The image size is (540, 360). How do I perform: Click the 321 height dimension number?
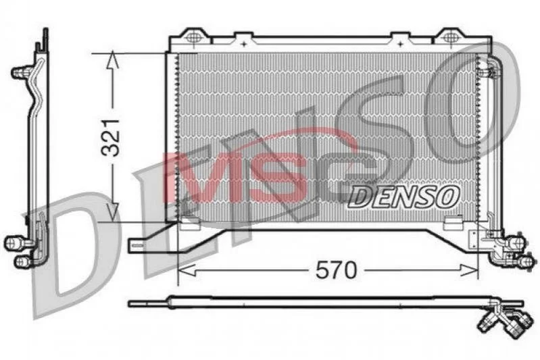coord(111,138)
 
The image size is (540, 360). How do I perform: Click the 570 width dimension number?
coord(336,271)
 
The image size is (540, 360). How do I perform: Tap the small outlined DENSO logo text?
coord(403,197)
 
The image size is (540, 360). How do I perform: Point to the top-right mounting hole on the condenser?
coord(449,36)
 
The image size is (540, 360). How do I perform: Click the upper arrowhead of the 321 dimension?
coord(113,59)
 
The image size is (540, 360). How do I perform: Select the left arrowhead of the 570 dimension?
coord(186,271)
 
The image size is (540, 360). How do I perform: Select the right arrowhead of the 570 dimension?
coord(470,271)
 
